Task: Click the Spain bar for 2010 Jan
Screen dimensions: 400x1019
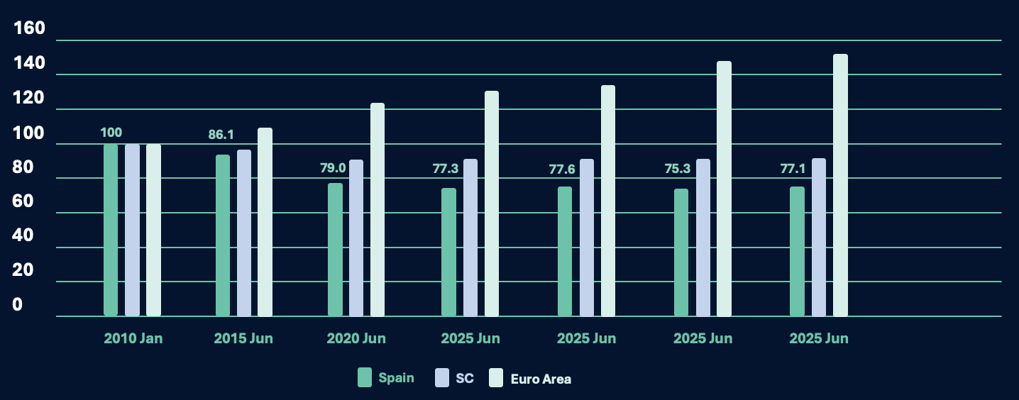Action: pyautogui.click(x=111, y=230)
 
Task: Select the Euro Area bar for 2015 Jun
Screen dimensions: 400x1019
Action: pyautogui.click(x=265, y=222)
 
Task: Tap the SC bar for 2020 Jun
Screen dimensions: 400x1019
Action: pyautogui.click(x=356, y=238)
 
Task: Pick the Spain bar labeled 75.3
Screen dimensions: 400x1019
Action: pyautogui.click(x=681, y=252)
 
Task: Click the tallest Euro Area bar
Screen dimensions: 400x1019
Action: pyautogui.click(x=840, y=185)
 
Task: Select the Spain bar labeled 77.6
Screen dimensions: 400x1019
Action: pyautogui.click(x=565, y=251)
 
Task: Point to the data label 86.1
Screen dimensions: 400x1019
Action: pyautogui.click(x=221, y=134)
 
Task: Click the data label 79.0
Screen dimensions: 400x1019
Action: pyautogui.click(x=333, y=168)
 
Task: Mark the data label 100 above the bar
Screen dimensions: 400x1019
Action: pyautogui.click(x=111, y=133)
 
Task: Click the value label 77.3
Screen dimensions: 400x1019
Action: pyautogui.click(x=446, y=169)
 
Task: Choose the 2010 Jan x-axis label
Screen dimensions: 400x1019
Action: pyautogui.click(x=133, y=338)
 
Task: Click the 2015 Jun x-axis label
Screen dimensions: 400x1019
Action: pyautogui.click(x=243, y=338)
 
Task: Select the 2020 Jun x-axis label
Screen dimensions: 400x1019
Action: pyautogui.click(x=356, y=338)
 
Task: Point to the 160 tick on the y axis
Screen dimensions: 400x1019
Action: pyautogui.click(x=30, y=28)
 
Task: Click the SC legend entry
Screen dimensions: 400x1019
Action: pyautogui.click(x=455, y=378)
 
